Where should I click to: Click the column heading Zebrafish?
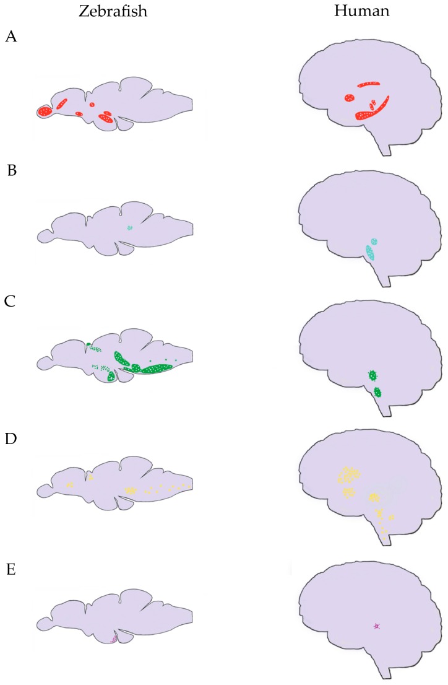tap(113, 11)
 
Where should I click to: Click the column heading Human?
tap(361, 11)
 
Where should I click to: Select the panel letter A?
tap(11, 37)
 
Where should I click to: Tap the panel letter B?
tap(12, 170)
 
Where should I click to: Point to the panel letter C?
tap(10, 301)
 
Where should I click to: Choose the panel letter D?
tap(11, 438)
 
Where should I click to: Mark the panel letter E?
tap(11, 569)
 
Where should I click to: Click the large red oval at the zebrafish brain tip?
tap(45, 111)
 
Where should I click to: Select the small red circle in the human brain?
tap(349, 98)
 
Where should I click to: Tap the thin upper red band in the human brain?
tap(369, 84)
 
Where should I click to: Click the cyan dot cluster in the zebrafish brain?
tap(129, 227)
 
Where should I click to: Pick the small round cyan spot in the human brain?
tap(374, 241)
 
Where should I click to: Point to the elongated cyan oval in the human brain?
tap(370, 253)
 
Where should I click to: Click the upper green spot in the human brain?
tap(373, 375)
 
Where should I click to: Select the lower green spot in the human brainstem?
tap(377, 392)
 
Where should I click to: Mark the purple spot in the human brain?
tap(376, 626)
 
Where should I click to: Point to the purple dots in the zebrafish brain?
tap(113, 640)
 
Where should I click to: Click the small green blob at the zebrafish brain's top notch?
tap(88, 345)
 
